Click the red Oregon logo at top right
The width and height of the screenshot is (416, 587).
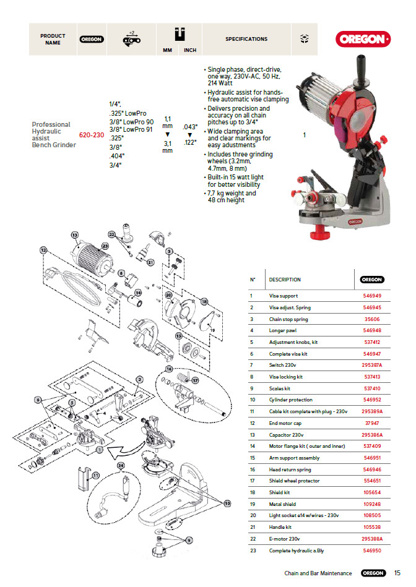(x=363, y=39)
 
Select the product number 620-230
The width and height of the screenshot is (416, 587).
(x=91, y=134)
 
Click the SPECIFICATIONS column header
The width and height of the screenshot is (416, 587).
(x=246, y=39)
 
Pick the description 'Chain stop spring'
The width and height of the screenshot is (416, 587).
(x=288, y=319)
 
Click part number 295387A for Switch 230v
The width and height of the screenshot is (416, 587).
(x=372, y=365)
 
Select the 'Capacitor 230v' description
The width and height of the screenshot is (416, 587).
(x=287, y=435)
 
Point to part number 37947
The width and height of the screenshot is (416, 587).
(x=372, y=423)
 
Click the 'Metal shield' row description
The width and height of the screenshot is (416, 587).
(x=282, y=504)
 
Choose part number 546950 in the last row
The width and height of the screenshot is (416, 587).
(x=372, y=551)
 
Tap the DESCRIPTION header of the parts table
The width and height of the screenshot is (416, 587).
(x=285, y=280)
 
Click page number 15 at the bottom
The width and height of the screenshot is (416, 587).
(x=397, y=573)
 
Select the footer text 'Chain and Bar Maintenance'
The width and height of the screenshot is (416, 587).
(x=318, y=573)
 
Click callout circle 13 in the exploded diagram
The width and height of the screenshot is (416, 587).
(x=75, y=235)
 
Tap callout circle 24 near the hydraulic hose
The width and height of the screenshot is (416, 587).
(x=121, y=465)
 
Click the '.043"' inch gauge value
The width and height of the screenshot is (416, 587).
(x=190, y=127)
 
